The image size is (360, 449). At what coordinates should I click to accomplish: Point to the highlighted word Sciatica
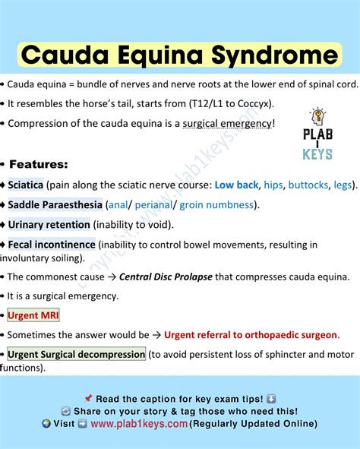pos(26,185)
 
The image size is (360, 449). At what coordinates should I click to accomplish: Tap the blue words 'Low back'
pos(236,185)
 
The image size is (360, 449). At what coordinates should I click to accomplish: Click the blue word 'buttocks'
pos(309,185)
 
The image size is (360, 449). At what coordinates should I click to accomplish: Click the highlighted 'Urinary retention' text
pos(49,224)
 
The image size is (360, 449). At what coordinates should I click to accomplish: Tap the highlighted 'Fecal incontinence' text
pos(52,245)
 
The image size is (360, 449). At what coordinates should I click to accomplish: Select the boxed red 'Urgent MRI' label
pos(33,315)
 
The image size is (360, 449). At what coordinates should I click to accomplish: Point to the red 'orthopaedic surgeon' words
pos(289,334)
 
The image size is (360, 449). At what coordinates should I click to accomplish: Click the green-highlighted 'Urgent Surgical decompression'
pos(76,354)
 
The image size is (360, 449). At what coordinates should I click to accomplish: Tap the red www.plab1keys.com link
pos(139,424)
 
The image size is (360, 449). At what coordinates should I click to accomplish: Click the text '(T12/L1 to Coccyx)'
pos(227,103)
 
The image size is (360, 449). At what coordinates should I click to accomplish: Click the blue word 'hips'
pos(273,185)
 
